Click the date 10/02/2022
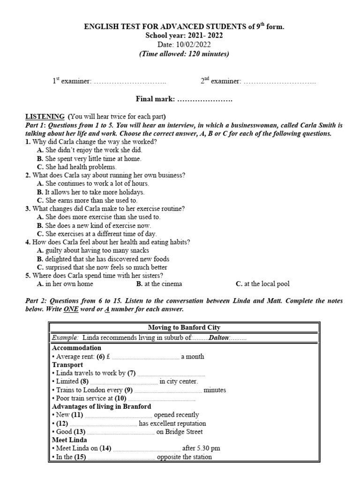193,45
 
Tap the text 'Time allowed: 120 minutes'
184,54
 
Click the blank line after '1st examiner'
130,82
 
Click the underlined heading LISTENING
45,116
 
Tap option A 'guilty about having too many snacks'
96,251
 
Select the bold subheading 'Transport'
67,365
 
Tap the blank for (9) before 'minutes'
168,390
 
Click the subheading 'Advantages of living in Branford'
101,406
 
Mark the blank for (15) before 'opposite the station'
121,457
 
